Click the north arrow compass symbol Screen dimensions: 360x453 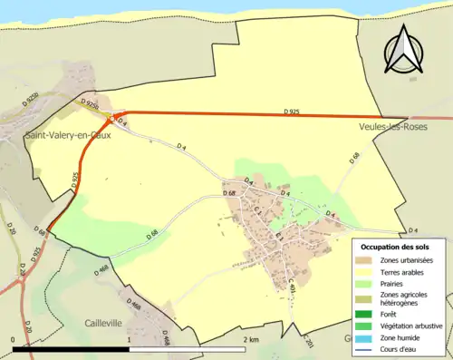pyautogui.click(x=406, y=49)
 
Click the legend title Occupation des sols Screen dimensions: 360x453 pyautogui.click(x=395, y=247)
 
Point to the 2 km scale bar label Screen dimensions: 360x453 pyautogui.click(x=251, y=339)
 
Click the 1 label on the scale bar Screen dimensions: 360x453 pyautogui.click(x=130, y=339)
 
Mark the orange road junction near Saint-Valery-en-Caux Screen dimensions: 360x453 pyautogui.click(x=111, y=119)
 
